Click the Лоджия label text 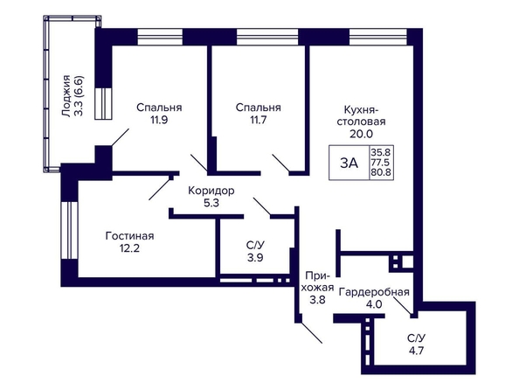67,96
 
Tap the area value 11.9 159,120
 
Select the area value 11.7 258,120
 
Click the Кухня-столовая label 361,115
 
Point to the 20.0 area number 361,134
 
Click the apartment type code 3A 349,163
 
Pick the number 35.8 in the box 381,152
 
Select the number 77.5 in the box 381,163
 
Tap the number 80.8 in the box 381,172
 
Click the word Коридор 211,191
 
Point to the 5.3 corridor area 211,203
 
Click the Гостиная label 129,236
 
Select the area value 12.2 129,247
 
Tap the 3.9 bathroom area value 255,257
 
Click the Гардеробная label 374,292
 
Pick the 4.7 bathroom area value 417,351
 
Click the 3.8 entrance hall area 318,300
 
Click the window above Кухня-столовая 378,37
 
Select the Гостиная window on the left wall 70,230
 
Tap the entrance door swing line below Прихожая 311,332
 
